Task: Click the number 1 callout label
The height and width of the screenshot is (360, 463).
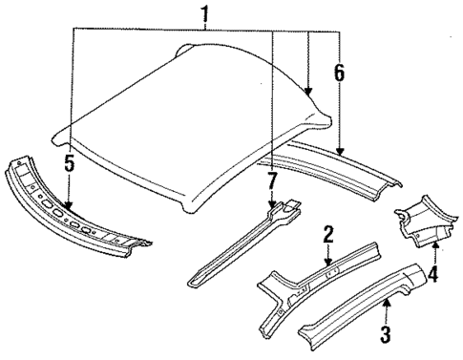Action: pyautogui.click(x=202, y=14)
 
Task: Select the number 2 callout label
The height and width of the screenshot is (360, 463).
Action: pyautogui.click(x=327, y=234)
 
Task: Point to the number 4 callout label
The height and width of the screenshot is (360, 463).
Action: pyautogui.click(x=434, y=278)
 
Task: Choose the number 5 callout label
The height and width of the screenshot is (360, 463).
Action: pyautogui.click(x=69, y=163)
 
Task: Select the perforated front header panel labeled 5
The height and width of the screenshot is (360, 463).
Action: pyautogui.click(x=76, y=214)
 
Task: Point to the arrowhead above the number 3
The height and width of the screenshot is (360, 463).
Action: pyautogui.click(x=385, y=302)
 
